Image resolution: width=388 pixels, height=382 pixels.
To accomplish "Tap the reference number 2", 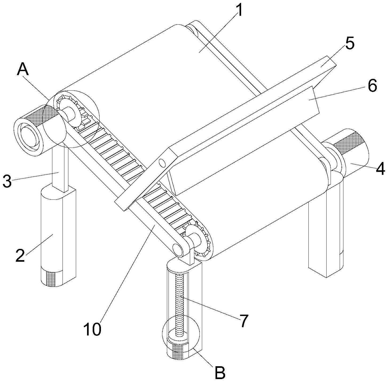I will pyautogui.click(x=20, y=255).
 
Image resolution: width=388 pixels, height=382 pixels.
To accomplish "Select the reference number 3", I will pyautogui.click(x=7, y=181).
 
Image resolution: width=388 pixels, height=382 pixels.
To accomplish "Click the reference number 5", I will pyautogui.click(x=349, y=44).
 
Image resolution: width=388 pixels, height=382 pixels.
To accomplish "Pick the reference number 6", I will pyautogui.click(x=372, y=86).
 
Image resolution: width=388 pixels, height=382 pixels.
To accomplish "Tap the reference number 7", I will pyautogui.click(x=243, y=320).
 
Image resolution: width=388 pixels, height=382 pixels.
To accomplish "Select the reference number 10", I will pyautogui.click(x=92, y=329).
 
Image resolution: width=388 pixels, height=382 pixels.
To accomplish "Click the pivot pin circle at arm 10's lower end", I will pyautogui.click(x=177, y=248).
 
